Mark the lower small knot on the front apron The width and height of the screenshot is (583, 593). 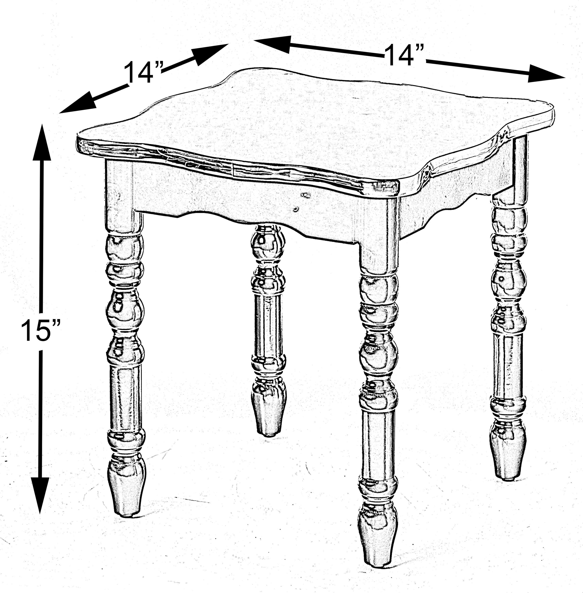pyautogui.click(x=295, y=209)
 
